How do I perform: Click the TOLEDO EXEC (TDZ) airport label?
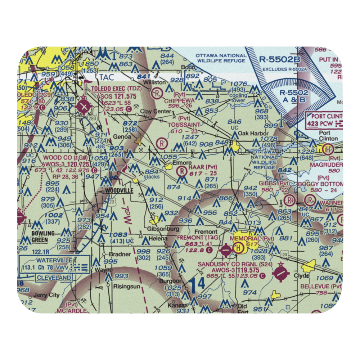coord(111,89)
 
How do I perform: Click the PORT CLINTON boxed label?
coord(324,117)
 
